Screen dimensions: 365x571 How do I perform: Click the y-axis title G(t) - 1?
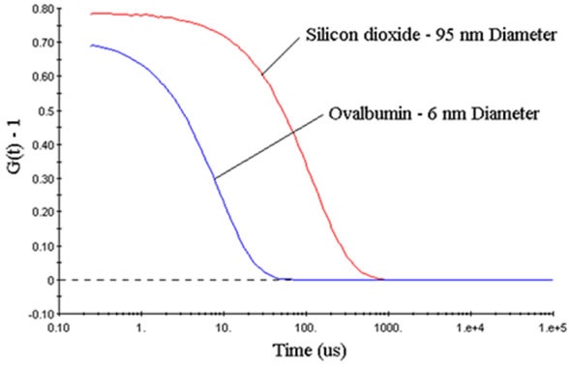[14, 160]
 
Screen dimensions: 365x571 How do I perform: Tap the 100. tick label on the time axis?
[306, 325]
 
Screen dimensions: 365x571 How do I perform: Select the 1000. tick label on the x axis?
[388, 325]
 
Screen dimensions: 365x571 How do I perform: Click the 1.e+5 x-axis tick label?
[551, 325]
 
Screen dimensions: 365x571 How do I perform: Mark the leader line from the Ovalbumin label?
[266, 148]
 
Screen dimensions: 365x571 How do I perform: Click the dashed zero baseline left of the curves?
[145, 280]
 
